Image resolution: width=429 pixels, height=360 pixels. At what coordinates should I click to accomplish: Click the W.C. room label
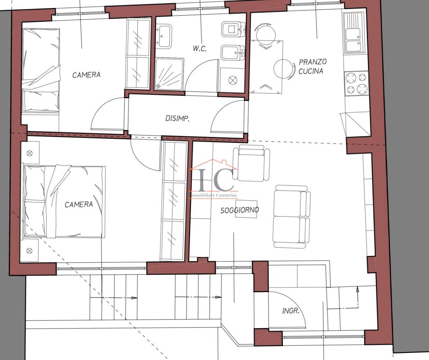pyautogui.click(x=200, y=49)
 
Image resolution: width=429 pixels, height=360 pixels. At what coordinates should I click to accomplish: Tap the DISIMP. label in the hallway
pyautogui.click(x=177, y=118)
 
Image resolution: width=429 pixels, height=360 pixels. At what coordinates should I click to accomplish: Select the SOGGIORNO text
pyautogui.click(x=240, y=210)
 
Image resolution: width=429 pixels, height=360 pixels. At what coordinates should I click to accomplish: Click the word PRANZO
pyautogui.click(x=313, y=62)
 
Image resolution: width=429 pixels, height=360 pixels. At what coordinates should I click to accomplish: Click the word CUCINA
pyautogui.click(x=311, y=71)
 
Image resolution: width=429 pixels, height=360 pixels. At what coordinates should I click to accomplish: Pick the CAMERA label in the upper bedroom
pyautogui.click(x=86, y=75)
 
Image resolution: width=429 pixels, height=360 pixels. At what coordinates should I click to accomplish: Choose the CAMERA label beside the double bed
pyautogui.click(x=79, y=205)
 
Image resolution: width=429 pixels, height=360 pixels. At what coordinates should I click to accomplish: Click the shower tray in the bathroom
pyautogui.click(x=169, y=74)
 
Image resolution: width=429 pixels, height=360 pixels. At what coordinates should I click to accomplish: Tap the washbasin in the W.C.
pyautogui.click(x=164, y=36)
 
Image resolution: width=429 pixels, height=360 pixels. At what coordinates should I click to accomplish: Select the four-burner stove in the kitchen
pyautogui.click(x=356, y=83)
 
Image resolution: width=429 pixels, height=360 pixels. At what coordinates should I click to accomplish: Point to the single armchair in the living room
pyautogui.click(x=251, y=163)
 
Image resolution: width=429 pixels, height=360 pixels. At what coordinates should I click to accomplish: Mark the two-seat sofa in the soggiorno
pyautogui.click(x=292, y=216)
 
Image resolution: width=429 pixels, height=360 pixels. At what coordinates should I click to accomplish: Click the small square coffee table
pyautogui.click(x=246, y=209)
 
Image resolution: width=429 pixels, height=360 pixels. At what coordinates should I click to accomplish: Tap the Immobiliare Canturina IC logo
pyautogui.click(x=213, y=179)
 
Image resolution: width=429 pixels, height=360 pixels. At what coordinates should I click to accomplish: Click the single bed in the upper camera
pyautogui.click(x=41, y=70)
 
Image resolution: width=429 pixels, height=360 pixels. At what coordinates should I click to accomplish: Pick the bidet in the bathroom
pyautogui.click(x=233, y=53)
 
